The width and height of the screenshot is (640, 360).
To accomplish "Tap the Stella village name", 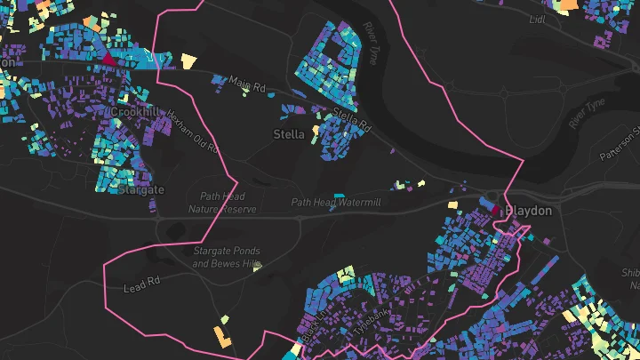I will point(288,134).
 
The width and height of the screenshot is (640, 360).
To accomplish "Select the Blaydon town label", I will point(528,212).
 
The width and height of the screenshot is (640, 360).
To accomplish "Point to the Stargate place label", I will point(141,190).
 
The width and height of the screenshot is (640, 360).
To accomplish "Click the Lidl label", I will point(537,20).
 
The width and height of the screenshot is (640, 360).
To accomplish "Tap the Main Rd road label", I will point(247,84).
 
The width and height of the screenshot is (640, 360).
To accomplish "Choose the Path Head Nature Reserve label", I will point(222,204).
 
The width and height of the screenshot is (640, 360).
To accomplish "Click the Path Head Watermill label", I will point(336,203).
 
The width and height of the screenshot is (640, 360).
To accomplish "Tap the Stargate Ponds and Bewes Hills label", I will point(227,258).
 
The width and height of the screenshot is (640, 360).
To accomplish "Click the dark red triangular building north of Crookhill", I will point(108,60).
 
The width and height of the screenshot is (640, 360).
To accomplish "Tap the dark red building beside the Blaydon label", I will point(496,212).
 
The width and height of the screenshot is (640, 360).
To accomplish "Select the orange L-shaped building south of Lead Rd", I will point(221,336).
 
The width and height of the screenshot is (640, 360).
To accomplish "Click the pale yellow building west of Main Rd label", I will point(188,60).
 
